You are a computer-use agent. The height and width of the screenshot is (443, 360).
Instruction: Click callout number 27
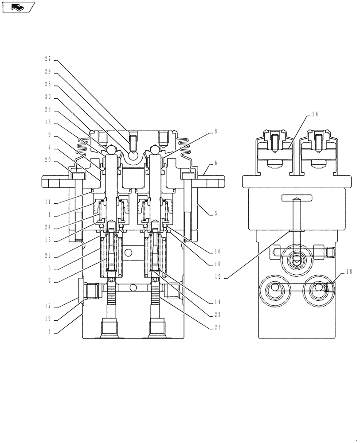pos(48,58)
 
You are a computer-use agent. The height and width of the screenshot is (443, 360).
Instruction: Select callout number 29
pos(48,71)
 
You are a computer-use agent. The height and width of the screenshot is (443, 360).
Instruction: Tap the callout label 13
pos(48,122)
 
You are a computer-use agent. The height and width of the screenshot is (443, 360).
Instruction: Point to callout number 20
pos(48,160)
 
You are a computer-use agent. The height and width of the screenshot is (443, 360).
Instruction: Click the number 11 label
pos(48,202)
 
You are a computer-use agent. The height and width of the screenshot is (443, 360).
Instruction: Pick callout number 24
pos(48,228)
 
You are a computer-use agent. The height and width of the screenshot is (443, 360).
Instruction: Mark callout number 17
pos(48,305)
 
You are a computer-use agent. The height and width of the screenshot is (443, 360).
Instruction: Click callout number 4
pos(48,330)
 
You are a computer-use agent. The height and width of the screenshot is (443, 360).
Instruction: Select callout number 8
pos(215,131)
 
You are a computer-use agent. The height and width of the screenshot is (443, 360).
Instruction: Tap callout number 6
pos(215,163)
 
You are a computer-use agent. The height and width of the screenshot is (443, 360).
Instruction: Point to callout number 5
pos(215,213)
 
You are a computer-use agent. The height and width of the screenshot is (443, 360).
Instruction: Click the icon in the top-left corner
pos(18,7)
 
